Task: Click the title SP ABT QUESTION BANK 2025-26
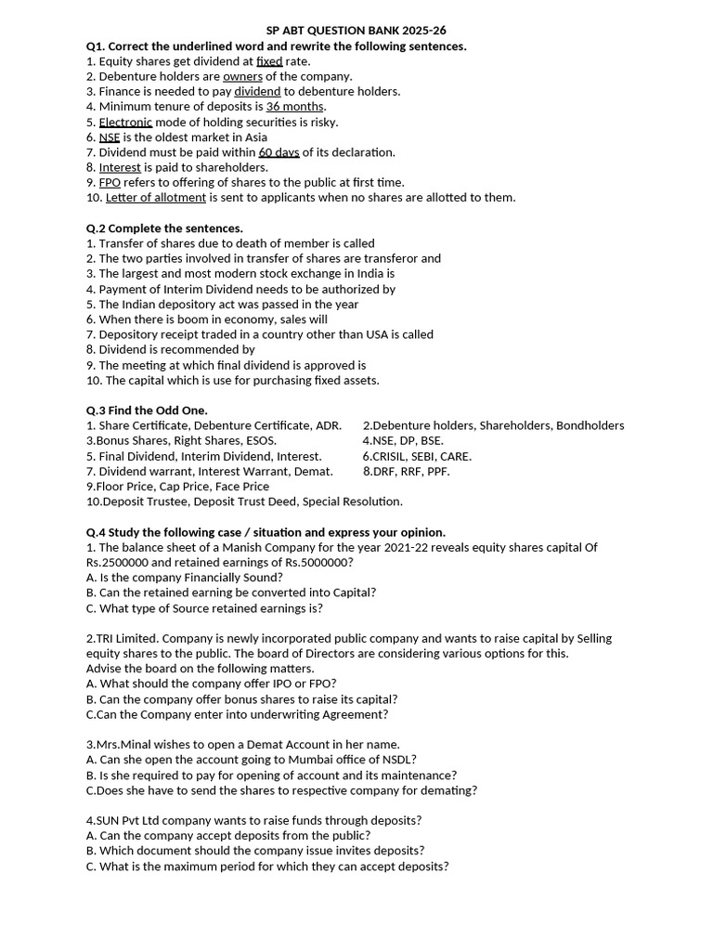pos(356,31)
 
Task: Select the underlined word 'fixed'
pos(269,61)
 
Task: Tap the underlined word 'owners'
pos(242,76)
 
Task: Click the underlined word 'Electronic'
pos(125,122)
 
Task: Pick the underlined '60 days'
pos(279,152)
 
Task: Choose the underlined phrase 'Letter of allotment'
pos(156,197)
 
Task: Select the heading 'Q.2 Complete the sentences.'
pos(164,228)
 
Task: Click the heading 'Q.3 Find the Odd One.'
pos(147,410)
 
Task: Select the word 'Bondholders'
pos(590,425)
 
